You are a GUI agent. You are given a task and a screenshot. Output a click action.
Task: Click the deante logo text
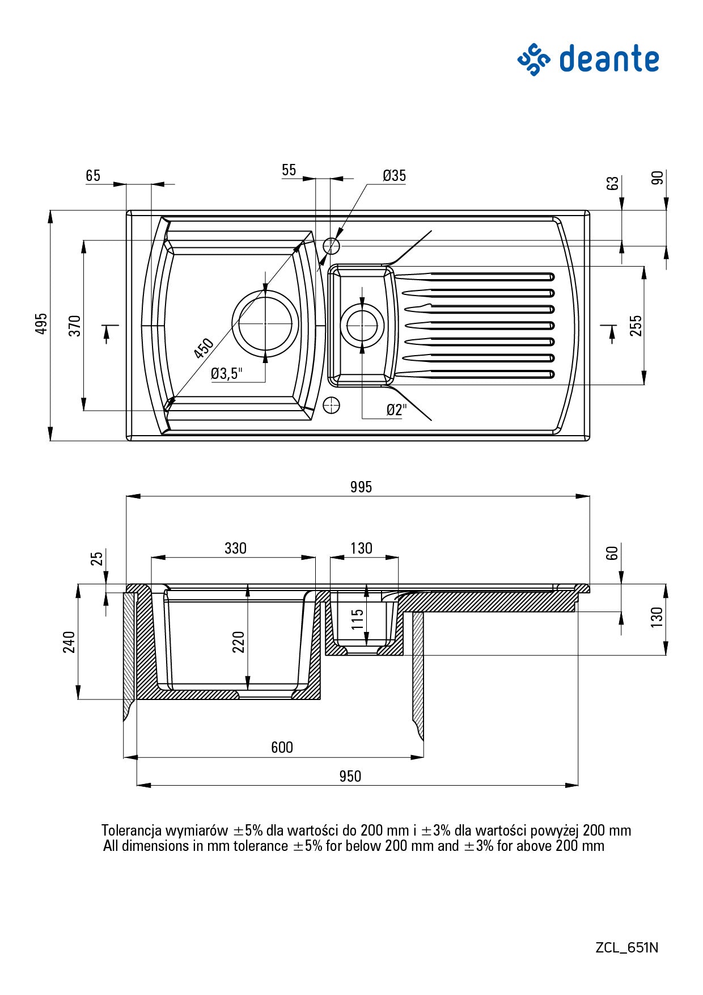point(609,59)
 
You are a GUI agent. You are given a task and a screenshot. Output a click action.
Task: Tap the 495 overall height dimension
point(41,323)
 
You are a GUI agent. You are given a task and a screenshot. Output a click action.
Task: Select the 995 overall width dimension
point(361,487)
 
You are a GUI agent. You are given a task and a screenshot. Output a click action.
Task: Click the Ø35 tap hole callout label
point(394,176)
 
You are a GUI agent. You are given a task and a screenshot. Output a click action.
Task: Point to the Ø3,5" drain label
point(226,373)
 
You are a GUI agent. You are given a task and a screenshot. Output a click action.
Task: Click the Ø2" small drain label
point(396,410)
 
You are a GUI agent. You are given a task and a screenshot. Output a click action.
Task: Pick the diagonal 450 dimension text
point(204,348)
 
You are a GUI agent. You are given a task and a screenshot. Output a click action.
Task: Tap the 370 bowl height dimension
point(75,326)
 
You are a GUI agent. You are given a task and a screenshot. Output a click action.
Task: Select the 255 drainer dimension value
point(636,326)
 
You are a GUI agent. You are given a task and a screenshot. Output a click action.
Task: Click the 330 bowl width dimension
point(235,548)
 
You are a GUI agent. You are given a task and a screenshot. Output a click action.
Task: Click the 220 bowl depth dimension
point(238,642)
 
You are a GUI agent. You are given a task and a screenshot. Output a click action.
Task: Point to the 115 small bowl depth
point(357,620)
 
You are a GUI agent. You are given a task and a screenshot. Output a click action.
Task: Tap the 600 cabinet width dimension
point(282,747)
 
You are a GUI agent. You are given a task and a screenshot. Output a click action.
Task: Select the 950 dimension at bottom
point(350,776)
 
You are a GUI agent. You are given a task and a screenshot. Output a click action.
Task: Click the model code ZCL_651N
point(626,947)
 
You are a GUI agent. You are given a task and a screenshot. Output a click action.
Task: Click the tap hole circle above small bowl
point(331,246)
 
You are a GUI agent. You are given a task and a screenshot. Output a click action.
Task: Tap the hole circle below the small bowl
point(331,405)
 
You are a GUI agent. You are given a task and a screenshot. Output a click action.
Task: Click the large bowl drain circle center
point(265,323)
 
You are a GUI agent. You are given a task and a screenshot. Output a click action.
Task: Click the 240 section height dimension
point(69,642)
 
